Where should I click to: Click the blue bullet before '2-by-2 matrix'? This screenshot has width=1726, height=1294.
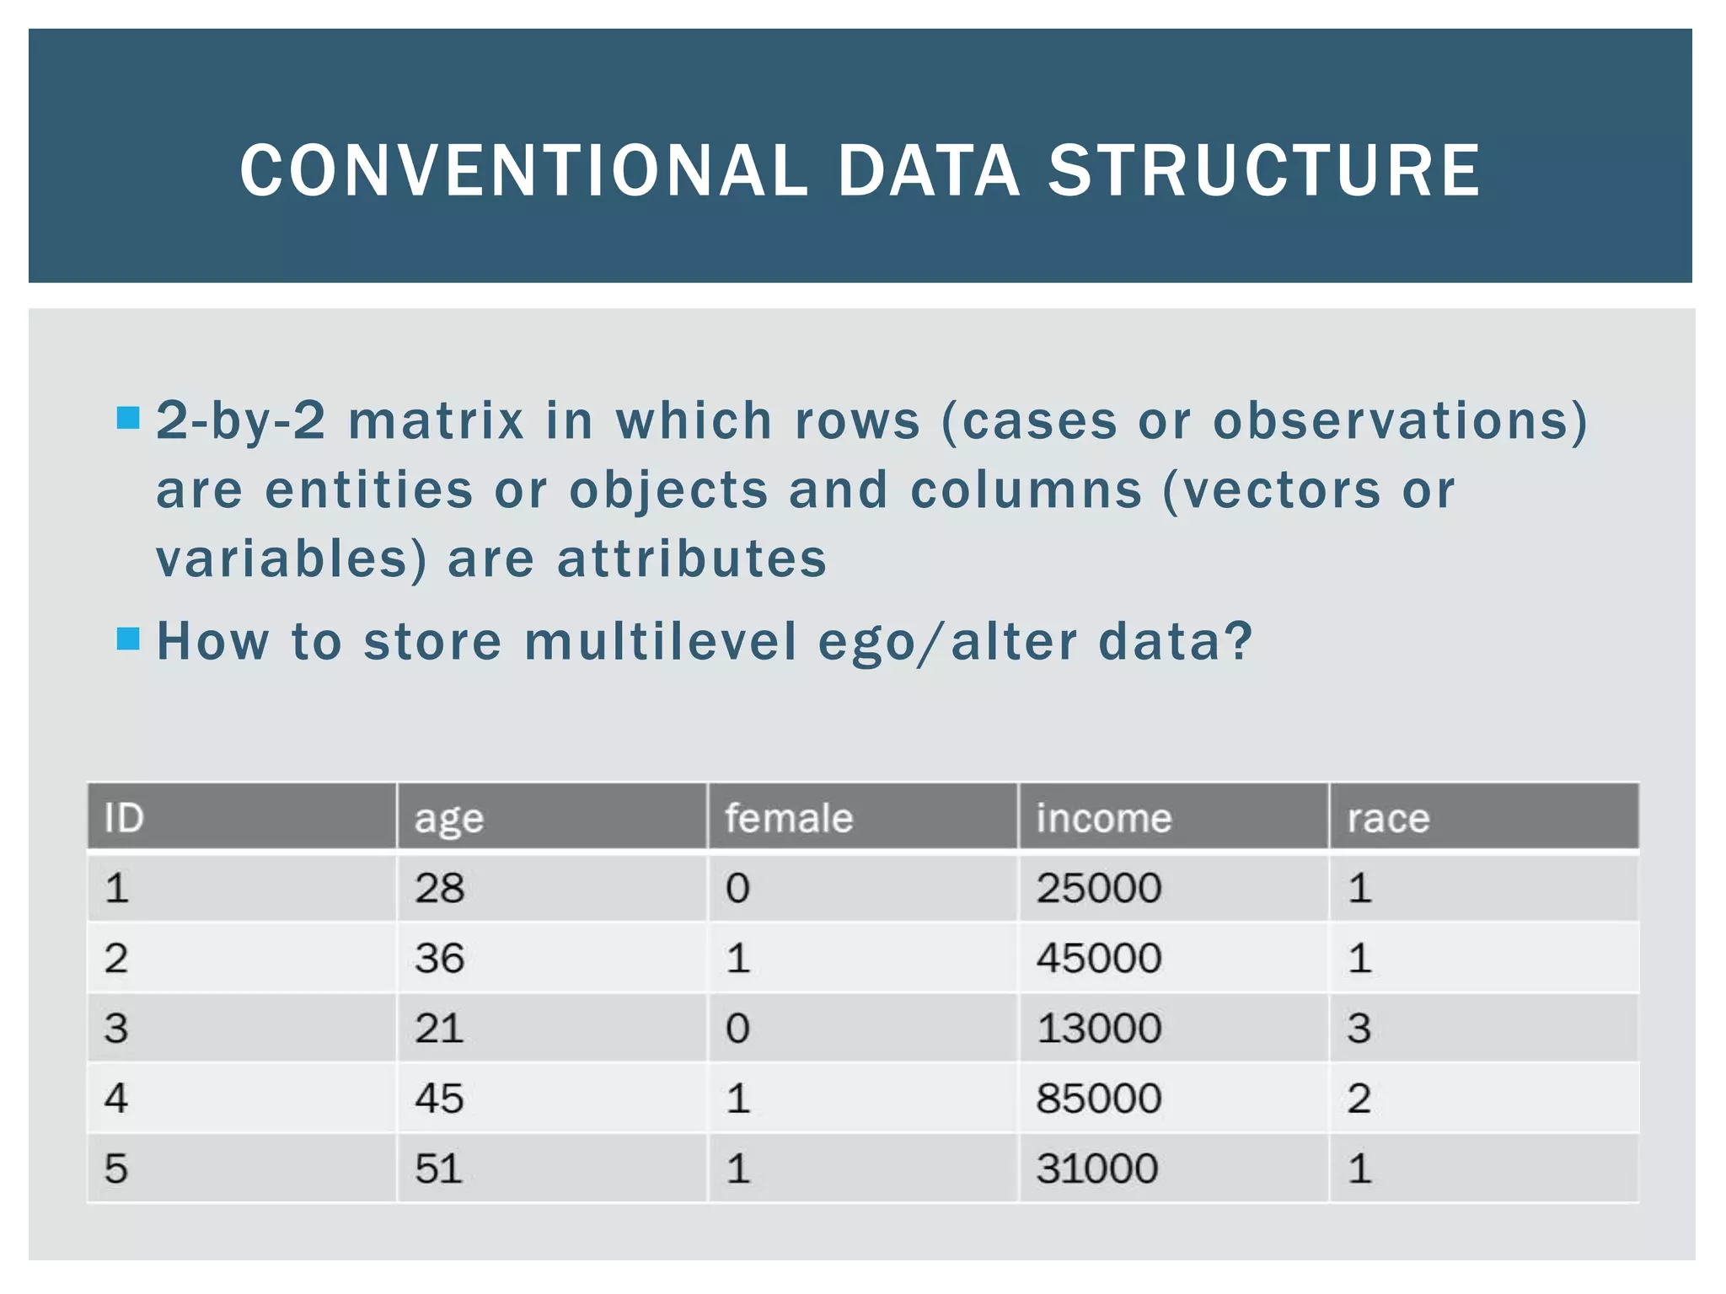(128, 418)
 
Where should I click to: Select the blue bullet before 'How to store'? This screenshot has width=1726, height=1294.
(128, 639)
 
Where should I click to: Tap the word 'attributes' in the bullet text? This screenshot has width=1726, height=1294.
(692, 559)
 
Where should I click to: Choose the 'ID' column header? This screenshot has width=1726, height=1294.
(124, 817)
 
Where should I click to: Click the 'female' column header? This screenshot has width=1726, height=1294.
(789, 817)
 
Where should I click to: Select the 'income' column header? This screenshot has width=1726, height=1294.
(1103, 817)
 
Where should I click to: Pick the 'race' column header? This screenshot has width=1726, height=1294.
(1388, 817)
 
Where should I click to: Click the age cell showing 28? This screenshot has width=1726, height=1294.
(439, 888)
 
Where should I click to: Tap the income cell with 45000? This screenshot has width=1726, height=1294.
(1098, 958)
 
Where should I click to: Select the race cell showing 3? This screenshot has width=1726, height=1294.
(1359, 1028)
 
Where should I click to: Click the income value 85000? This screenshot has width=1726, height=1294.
(1098, 1098)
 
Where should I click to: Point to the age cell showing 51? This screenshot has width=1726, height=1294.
(439, 1168)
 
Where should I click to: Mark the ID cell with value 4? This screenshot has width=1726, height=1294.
(116, 1098)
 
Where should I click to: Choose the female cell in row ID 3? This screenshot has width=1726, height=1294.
(737, 1028)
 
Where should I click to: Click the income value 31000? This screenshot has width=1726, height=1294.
(1096, 1168)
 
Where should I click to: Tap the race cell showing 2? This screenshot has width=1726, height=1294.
(1359, 1098)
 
